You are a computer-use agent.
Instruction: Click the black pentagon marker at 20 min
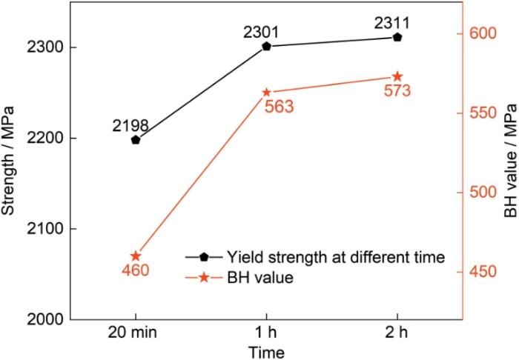(x=136, y=139)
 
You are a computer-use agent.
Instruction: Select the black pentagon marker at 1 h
(x=267, y=46)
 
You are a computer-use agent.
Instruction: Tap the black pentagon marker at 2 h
(x=397, y=37)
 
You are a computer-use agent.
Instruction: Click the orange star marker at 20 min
(x=136, y=256)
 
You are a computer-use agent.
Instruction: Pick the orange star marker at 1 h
(x=267, y=93)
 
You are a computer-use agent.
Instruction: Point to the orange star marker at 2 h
(x=397, y=76)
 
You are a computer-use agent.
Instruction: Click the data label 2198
(x=131, y=125)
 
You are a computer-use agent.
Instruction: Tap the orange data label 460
(x=136, y=270)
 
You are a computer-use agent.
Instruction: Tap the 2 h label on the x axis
(x=397, y=331)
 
